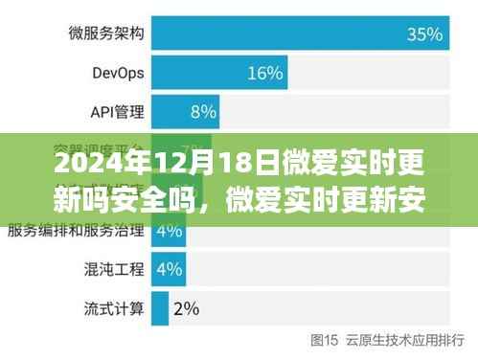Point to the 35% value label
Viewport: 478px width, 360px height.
pyautogui.click(x=424, y=34)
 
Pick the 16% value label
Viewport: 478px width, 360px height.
pyautogui.click(x=265, y=73)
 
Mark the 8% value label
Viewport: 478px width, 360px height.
pyautogui.click(x=202, y=111)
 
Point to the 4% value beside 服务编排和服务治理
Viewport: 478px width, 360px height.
pyautogui.click(x=169, y=231)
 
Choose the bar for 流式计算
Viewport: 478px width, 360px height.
pyautogui.click(x=154, y=307)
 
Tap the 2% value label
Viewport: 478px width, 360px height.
pyautogui.click(x=186, y=307)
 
